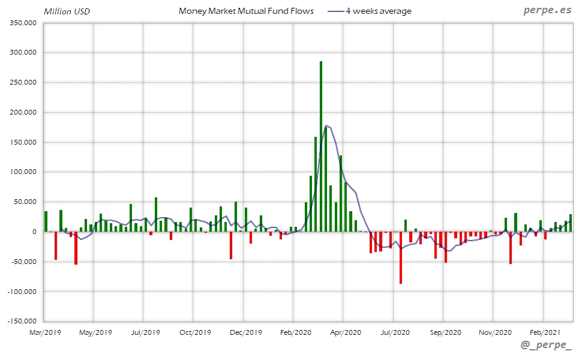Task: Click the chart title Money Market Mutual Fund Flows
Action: tap(246, 11)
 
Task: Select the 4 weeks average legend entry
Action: tap(379, 11)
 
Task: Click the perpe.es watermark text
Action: tap(547, 11)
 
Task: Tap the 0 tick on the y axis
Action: tap(35, 232)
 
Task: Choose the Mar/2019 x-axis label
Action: tap(46, 332)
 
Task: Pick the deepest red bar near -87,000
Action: tap(401, 258)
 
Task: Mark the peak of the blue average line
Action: tap(326, 125)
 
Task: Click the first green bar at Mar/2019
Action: tap(46, 221)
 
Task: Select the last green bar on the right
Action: tap(571, 223)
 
